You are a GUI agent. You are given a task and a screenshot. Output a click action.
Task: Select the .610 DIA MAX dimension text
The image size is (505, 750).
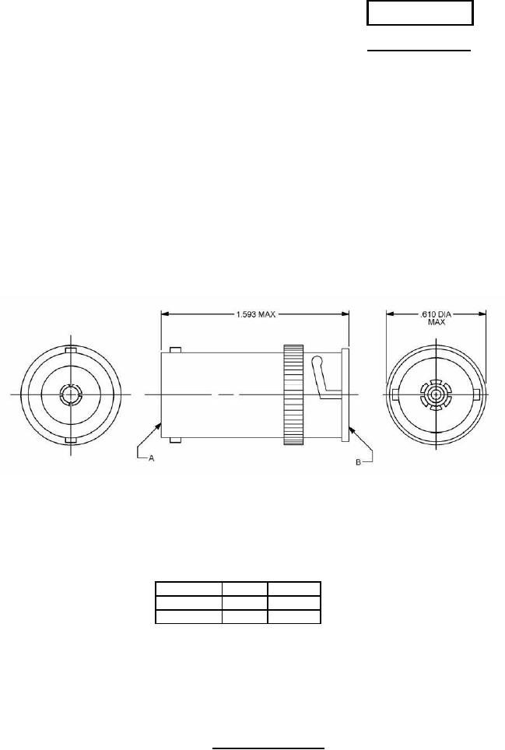click(436, 317)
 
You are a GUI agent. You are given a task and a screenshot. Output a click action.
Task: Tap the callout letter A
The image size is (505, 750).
click(153, 459)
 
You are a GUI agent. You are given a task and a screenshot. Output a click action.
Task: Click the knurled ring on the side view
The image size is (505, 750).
click(293, 395)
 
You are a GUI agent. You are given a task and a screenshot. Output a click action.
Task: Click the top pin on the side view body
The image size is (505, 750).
click(175, 349)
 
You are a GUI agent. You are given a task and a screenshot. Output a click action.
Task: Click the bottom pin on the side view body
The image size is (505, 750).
click(175, 442)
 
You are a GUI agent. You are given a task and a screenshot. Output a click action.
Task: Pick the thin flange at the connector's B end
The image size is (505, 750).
click(345, 395)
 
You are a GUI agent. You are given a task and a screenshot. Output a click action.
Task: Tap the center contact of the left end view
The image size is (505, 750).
click(69, 395)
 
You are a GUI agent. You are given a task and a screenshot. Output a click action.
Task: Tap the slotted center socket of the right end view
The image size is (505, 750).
click(435, 395)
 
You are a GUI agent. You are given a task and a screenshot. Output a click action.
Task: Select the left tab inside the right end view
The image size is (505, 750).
click(396, 395)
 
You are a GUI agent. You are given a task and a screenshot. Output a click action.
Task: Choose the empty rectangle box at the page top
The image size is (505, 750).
click(420, 14)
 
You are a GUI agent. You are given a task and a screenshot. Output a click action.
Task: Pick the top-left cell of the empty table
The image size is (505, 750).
click(188, 588)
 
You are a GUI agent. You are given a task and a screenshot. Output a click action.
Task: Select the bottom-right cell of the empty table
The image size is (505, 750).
click(294, 617)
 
